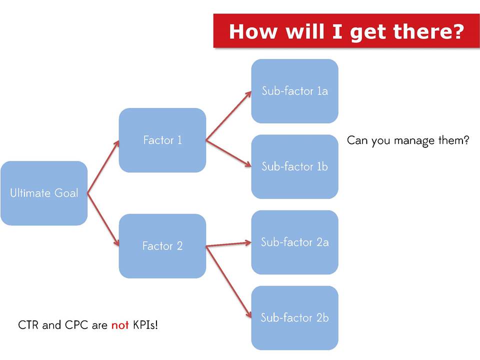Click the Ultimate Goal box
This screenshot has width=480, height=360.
(x=44, y=193)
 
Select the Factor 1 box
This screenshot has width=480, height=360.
(x=162, y=140)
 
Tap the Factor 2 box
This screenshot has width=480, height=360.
(x=162, y=246)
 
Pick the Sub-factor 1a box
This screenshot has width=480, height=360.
(x=295, y=91)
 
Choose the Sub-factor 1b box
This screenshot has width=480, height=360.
(x=295, y=167)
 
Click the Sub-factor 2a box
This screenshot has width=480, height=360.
(x=295, y=242)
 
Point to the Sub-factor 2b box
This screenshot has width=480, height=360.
(x=295, y=318)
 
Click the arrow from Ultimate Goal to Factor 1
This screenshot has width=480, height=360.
(x=103, y=167)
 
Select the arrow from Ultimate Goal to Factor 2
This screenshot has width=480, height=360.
(x=103, y=219)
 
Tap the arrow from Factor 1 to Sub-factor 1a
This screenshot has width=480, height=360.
(x=228, y=115)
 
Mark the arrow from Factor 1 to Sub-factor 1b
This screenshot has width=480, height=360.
(x=228, y=153)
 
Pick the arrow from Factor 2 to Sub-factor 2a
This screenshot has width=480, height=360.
(x=228, y=244)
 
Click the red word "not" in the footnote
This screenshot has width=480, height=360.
(x=120, y=325)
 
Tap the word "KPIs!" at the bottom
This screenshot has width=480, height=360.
(x=145, y=325)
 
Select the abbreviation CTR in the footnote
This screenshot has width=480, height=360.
(x=28, y=325)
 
